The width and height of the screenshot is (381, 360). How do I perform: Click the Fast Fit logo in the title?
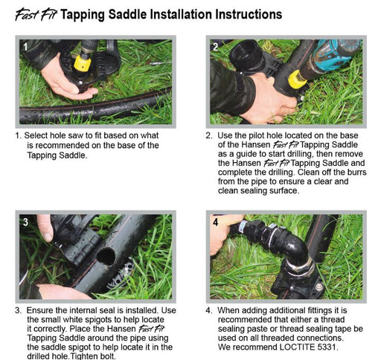pyautogui.click(x=36, y=15)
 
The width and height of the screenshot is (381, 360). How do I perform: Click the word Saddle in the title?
pyautogui.click(x=127, y=14)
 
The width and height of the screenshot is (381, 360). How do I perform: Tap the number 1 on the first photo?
pyautogui.click(x=25, y=47)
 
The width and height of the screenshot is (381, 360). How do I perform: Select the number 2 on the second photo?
pyautogui.click(x=216, y=47)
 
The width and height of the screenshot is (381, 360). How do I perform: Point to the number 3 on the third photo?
pyautogui.click(x=25, y=222)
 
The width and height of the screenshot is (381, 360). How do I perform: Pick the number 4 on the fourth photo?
pyautogui.click(x=216, y=222)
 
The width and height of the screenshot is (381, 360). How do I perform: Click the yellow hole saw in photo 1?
pyautogui.click(x=83, y=63)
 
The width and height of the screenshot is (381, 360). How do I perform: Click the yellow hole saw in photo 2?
pyautogui.click(x=297, y=80)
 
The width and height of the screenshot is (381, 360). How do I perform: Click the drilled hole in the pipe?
pyautogui.click(x=106, y=257)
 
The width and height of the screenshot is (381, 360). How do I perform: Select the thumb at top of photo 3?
pyautogui.click(x=45, y=228)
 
